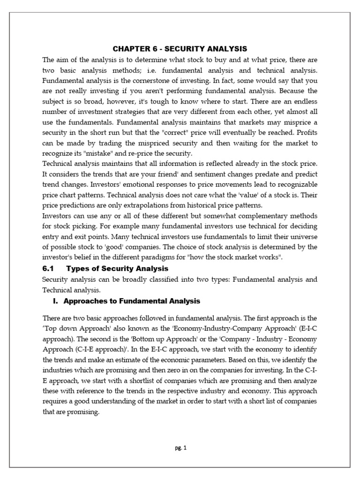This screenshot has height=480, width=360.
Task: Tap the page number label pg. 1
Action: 180,448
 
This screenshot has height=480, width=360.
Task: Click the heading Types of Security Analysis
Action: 117,269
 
